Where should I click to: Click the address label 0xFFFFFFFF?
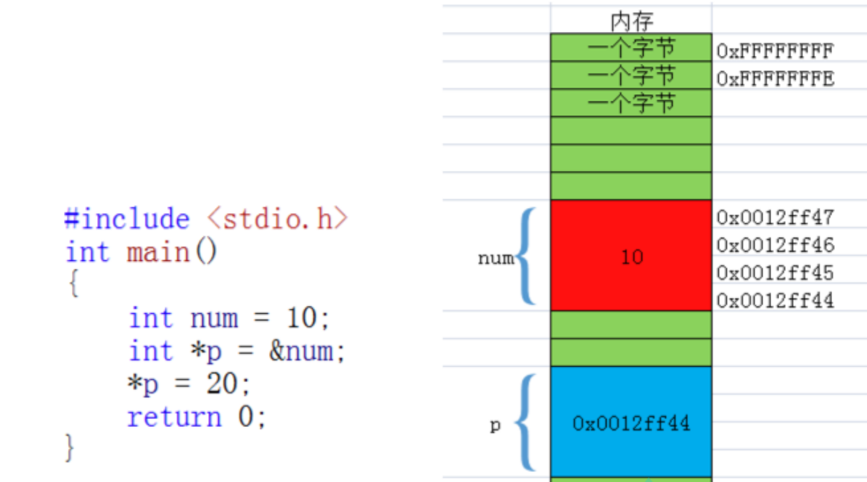click(x=775, y=51)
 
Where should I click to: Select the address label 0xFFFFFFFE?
click(x=775, y=78)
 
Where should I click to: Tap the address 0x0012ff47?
click(x=775, y=217)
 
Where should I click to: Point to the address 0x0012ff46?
click(x=775, y=245)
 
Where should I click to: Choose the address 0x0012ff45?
click(x=775, y=273)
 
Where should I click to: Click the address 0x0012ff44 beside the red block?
click(x=775, y=300)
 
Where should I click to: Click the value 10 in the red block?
click(x=631, y=257)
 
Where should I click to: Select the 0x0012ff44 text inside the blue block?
click(x=631, y=423)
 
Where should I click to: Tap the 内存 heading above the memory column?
click(x=631, y=21)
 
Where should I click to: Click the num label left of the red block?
click(x=496, y=258)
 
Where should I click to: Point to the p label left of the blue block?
click(x=495, y=425)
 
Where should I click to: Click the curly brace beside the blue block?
click(x=529, y=423)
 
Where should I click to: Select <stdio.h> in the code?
click(x=278, y=219)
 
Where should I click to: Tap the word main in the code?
click(x=158, y=252)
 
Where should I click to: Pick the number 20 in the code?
click(x=222, y=384)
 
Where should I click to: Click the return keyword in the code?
click(x=174, y=417)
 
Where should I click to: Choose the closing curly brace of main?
click(x=70, y=447)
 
